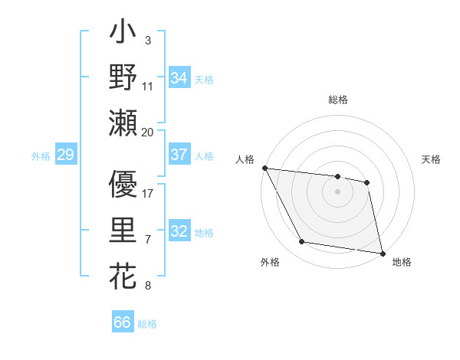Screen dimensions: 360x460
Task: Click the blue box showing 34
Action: [179, 77]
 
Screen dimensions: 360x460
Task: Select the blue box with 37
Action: [179, 154]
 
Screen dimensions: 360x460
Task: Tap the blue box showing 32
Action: [179, 232]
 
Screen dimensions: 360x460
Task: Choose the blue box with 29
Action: [65, 155]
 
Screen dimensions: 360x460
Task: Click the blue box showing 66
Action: [123, 322]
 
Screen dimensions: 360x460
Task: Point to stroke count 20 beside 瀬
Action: [148, 132]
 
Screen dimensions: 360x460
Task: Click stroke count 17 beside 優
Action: [148, 194]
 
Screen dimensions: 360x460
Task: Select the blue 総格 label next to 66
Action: [147, 324]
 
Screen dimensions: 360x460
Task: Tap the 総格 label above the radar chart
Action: [338, 100]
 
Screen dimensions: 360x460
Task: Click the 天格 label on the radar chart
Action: [431, 159]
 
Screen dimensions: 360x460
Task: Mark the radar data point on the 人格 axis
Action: [264, 168]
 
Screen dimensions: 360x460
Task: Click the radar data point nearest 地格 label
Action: [382, 253]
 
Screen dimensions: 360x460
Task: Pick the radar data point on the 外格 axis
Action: [302, 243]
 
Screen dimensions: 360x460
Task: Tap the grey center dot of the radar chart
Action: [338, 191]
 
